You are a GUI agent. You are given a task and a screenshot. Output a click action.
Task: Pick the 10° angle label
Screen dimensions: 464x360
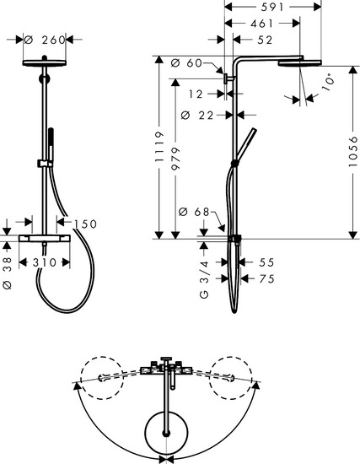point(325,83)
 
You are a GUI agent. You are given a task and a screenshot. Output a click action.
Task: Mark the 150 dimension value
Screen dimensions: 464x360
point(86,224)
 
